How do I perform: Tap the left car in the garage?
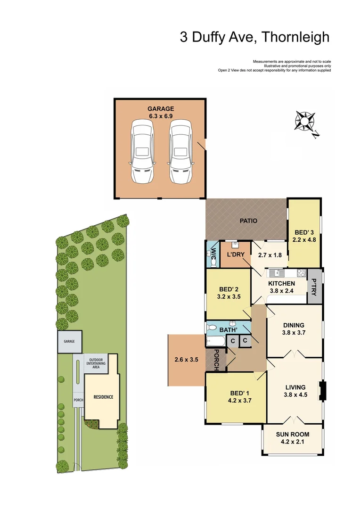[142, 151]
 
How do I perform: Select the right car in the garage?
[180, 151]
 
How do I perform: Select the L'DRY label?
[234, 254]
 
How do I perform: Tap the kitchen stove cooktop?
[301, 272]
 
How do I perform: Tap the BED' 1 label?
[237, 394]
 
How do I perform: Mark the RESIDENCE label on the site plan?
[103, 397]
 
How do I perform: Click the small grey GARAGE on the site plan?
[69, 341]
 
